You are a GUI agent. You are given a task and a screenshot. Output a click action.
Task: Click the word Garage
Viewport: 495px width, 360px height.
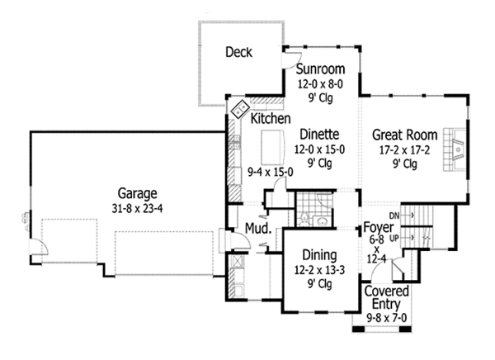[136, 193]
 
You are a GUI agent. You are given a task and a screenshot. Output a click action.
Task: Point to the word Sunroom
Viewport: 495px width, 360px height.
[320, 69]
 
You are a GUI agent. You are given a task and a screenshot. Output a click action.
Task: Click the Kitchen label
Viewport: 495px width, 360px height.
[271, 119]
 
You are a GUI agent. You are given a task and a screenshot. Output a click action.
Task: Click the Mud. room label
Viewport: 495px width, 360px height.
[254, 228]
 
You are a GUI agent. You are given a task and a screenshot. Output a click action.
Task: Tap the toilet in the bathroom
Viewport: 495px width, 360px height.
[304, 218]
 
